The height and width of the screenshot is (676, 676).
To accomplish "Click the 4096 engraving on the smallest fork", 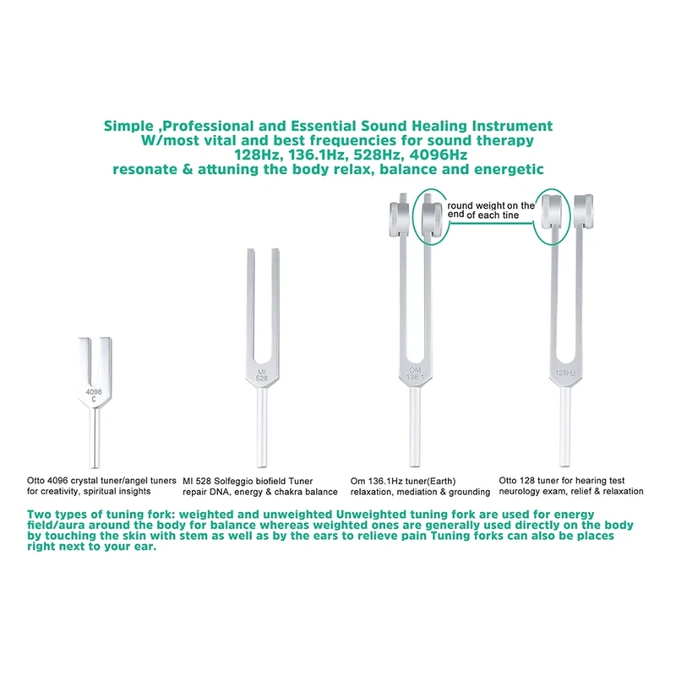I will pos(95,391).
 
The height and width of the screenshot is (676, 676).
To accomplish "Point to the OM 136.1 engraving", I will pos(416,375).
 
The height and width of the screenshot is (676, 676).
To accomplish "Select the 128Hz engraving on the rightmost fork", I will pos(565,373).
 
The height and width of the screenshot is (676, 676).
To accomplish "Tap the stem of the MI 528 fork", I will pos(262,431).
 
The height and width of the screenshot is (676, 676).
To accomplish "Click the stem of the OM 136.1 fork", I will pos(416,431).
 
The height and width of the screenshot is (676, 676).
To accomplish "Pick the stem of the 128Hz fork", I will pos(565,431).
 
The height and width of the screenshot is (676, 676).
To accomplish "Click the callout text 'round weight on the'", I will pos(491,205).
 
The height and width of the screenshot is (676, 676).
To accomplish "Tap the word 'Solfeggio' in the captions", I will pos(238,479).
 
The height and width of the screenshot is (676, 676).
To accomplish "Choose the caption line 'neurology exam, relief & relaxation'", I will pos(571,491).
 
